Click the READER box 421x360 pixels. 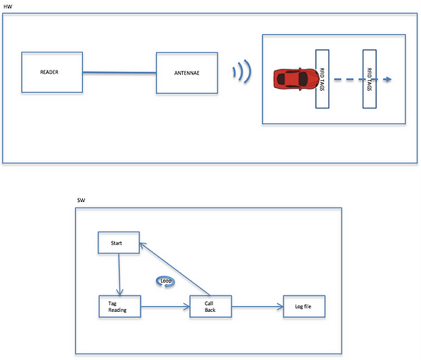pyautogui.click(x=52, y=72)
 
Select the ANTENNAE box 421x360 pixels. pyautogui.click(x=187, y=73)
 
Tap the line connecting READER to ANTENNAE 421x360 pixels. pyautogui.click(x=120, y=72)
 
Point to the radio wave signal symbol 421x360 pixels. pyautogui.click(x=242, y=72)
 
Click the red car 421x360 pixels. pyautogui.click(x=296, y=79)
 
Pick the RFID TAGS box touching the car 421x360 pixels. pyautogui.click(x=322, y=79)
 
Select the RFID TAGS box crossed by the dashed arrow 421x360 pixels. pyautogui.click(x=369, y=79)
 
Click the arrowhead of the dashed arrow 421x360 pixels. pyautogui.click(x=388, y=79)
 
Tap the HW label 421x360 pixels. pyautogui.click(x=8, y=6)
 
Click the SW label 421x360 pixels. pyautogui.click(x=81, y=201)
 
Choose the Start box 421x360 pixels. pyautogui.click(x=118, y=242)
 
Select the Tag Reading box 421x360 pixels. pyautogui.click(x=120, y=307)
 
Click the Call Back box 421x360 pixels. pyautogui.click(x=211, y=307)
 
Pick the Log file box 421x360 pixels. pyautogui.click(x=304, y=307)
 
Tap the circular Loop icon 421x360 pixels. pyautogui.click(x=166, y=281)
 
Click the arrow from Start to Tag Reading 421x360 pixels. pyautogui.click(x=119, y=275)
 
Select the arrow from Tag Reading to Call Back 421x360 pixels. pyautogui.click(x=165, y=307)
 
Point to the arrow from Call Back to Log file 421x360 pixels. pyautogui.click(x=257, y=307)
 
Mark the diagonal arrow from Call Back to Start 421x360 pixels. pyautogui.click(x=175, y=269)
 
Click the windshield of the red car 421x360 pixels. pyautogui.click(x=303, y=79)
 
